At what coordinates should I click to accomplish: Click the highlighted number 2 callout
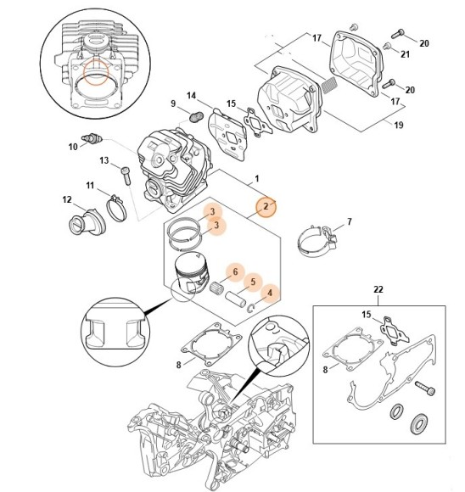265,206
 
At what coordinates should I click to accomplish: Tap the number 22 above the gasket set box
378,289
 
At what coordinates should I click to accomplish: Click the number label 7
348,223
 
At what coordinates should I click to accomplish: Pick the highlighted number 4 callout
270,294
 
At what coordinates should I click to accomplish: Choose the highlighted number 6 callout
229,271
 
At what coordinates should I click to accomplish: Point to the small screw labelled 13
126,175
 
